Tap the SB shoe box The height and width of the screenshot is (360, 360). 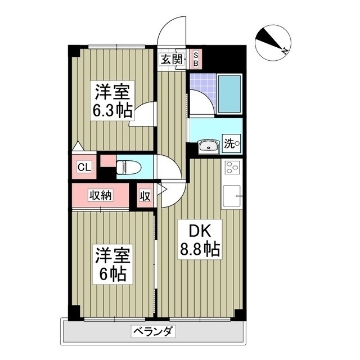click(196, 58)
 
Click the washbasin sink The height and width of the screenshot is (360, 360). click(209, 147)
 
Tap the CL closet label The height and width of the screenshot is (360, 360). click(84, 167)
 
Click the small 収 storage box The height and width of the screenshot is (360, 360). click(145, 196)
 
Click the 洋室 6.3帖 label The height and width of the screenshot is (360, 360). click(112, 100)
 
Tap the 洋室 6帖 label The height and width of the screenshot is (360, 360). click(112, 265)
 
